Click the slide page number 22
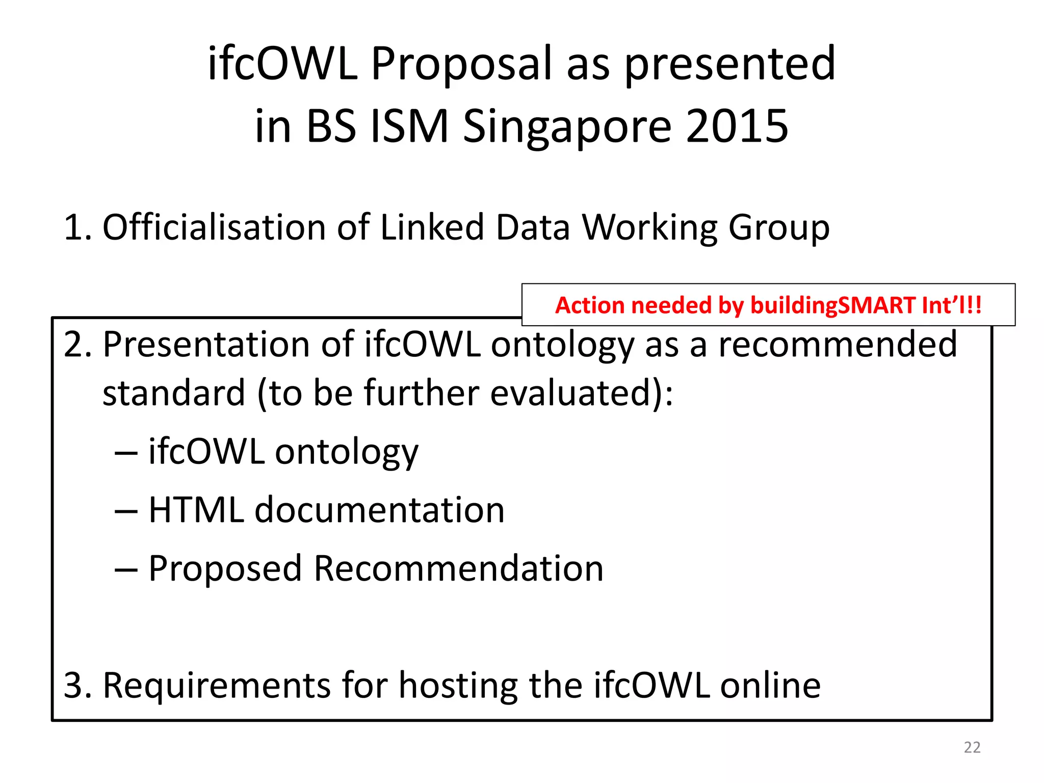tap(972, 747)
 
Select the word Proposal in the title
tap(461, 64)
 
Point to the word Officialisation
tap(214, 227)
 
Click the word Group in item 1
tap(778, 228)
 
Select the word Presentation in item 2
tap(206, 345)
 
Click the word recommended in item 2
tap(838, 345)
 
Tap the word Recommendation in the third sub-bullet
tap(458, 568)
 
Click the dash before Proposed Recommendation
tap(126, 569)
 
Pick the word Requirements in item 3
tap(217, 686)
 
